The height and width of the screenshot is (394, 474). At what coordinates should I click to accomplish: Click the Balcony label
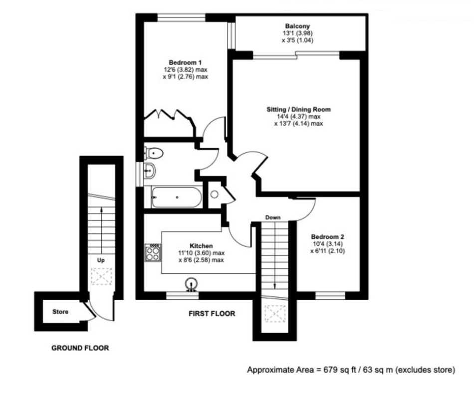coord(298,26)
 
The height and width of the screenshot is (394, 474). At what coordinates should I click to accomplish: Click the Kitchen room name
coord(202,246)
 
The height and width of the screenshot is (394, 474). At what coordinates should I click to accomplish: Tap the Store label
coord(60,312)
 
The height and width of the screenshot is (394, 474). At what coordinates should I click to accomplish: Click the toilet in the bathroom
coord(153,153)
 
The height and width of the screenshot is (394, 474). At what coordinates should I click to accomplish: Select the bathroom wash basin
coord(149,171)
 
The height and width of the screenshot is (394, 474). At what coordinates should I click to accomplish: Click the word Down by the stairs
coord(273,217)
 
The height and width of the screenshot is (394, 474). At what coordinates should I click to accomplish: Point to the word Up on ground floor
coord(100,260)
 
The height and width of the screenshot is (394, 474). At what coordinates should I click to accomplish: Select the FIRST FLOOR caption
coord(212,314)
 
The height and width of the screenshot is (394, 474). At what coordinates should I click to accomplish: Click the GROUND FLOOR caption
coord(80,348)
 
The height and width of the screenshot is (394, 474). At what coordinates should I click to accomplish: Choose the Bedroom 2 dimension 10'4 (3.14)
coord(328,244)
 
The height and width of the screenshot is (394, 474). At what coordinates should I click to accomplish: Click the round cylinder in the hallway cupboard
coord(215,194)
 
